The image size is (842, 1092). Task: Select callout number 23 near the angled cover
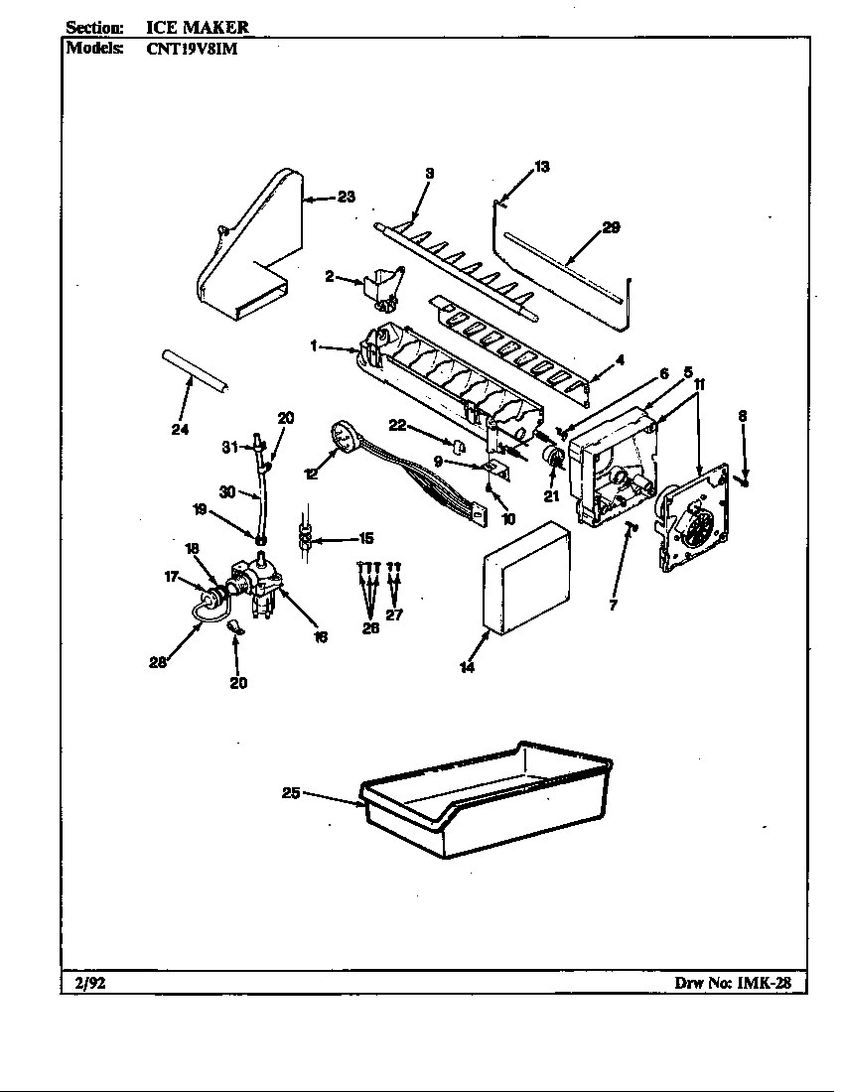coord(345,197)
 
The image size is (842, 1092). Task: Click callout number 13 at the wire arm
coord(541,167)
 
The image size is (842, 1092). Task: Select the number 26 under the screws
coord(370,626)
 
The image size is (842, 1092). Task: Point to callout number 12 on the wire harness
coord(311,474)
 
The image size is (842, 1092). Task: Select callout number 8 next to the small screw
coord(742,417)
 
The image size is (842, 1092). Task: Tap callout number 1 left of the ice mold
coord(314,345)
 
